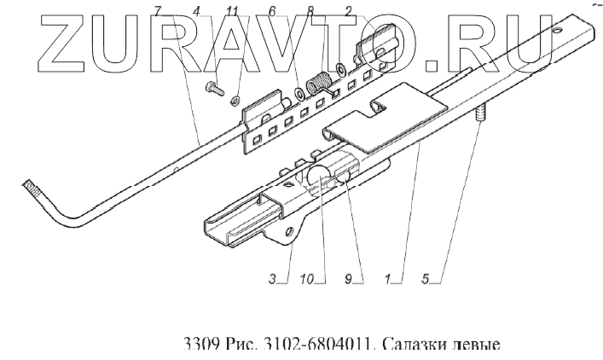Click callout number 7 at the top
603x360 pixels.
(158, 10)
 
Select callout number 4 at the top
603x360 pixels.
(198, 10)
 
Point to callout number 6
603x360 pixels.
(272, 10)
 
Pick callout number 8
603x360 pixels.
(310, 10)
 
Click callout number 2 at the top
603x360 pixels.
(348, 10)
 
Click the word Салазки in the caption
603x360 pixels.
(409, 345)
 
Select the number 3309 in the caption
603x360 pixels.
(200, 345)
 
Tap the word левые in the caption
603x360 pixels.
(473, 345)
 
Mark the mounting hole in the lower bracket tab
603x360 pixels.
(288, 232)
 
